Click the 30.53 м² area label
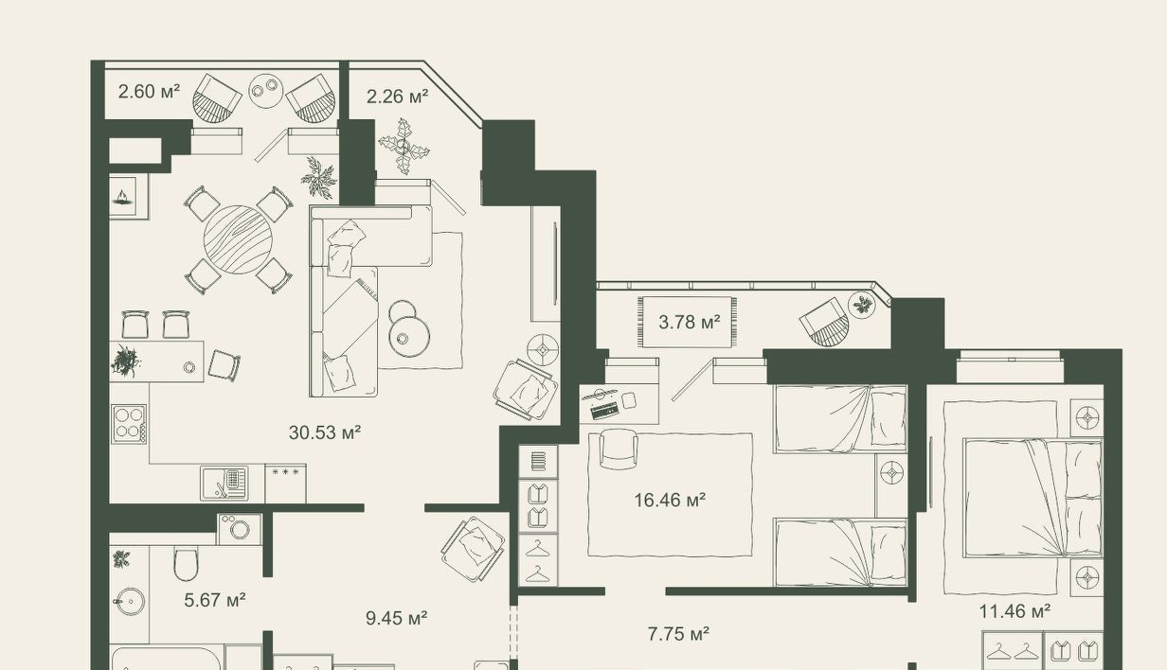[325, 432]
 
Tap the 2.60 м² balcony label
[149, 92]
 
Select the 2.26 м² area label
[398, 97]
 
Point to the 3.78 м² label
[690, 323]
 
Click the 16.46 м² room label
[670, 501]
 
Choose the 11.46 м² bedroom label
[1014, 611]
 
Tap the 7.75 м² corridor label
[678, 634]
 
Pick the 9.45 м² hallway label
[397, 619]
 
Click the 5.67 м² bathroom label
[215, 600]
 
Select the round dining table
[238, 240]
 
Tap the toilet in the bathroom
[186, 564]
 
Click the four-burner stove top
[129, 424]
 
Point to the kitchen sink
[224, 484]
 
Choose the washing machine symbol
[240, 529]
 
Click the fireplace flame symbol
[123, 197]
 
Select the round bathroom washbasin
[128, 602]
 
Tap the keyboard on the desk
[604, 410]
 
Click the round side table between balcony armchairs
[265, 91]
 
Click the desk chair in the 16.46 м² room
[619, 449]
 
